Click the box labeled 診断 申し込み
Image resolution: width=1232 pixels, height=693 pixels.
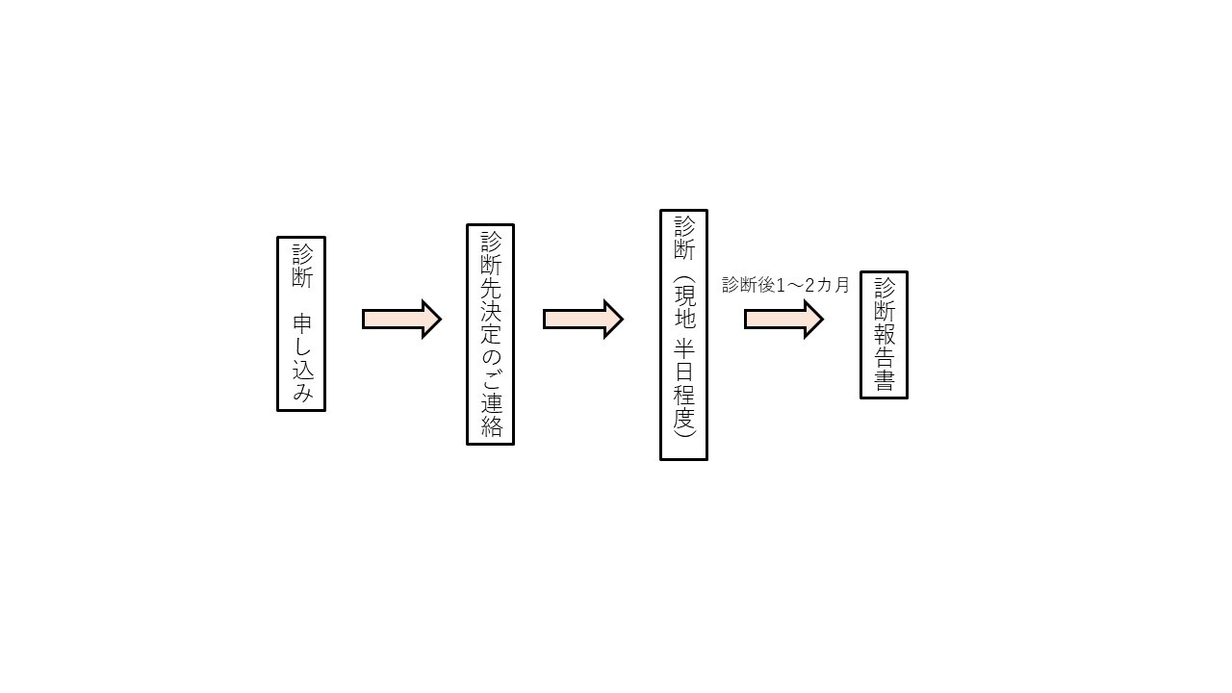tap(301, 324)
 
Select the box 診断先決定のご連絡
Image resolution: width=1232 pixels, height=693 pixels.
tap(490, 334)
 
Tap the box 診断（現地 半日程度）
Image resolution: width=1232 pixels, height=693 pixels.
tap(683, 335)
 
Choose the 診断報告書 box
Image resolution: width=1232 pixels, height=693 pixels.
tap(884, 335)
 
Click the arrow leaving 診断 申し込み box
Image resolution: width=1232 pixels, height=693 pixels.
tap(401, 319)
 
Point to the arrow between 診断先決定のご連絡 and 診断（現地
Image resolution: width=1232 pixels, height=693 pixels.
tap(583, 319)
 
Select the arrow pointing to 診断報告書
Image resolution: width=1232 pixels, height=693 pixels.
tap(783, 319)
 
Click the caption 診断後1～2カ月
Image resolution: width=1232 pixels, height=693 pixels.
tap(785, 285)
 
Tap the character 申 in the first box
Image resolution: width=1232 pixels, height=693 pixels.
tap(302, 324)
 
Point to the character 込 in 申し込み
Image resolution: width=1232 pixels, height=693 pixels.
tap(302, 371)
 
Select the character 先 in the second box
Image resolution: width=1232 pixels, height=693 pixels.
tap(491, 287)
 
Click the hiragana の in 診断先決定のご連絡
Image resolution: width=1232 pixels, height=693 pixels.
tap(491, 357)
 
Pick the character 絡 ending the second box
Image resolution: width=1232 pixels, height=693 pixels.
tap(491, 426)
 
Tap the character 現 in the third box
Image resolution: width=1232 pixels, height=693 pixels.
tap(684, 296)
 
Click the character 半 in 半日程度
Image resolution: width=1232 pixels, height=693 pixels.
tap(684, 349)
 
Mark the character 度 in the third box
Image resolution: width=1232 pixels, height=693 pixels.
tap(684, 419)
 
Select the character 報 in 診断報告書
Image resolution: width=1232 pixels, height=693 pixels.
tap(885, 334)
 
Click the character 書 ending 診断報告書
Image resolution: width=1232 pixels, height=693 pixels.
tap(885, 380)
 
